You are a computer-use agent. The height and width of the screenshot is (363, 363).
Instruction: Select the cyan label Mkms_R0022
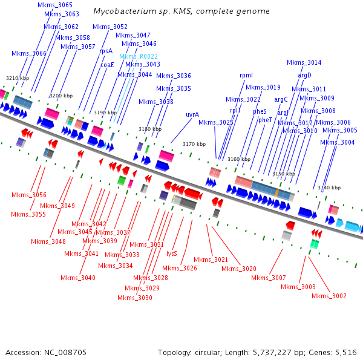pyautogui.click(x=139, y=56)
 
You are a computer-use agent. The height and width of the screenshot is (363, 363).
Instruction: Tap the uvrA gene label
pyautogui.click(x=192, y=114)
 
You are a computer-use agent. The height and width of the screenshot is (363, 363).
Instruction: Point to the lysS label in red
pyautogui.click(x=172, y=254)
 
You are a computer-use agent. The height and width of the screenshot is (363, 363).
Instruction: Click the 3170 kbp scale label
pyautogui.click(x=195, y=144)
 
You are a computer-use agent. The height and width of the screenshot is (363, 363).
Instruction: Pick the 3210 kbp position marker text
pyautogui.click(x=18, y=78)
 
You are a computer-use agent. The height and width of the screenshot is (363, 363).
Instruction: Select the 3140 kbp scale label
pyautogui.click(x=329, y=188)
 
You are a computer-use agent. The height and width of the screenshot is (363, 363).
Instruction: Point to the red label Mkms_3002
pyautogui.click(x=329, y=296)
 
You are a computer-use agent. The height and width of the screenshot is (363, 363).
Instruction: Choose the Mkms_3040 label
pyautogui.click(x=78, y=278)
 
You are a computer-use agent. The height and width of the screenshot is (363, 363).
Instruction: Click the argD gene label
pyautogui.click(x=304, y=75)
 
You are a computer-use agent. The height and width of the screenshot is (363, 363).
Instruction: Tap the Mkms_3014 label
pyautogui.click(x=304, y=62)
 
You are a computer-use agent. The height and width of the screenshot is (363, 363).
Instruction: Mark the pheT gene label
pyautogui.click(x=265, y=120)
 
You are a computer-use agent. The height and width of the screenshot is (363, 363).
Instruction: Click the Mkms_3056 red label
pyautogui.click(x=29, y=195)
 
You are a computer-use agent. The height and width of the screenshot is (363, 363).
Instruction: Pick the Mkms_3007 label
pyautogui.click(x=268, y=278)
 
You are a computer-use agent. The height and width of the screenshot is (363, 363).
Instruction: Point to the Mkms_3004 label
pyautogui.click(x=338, y=142)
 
